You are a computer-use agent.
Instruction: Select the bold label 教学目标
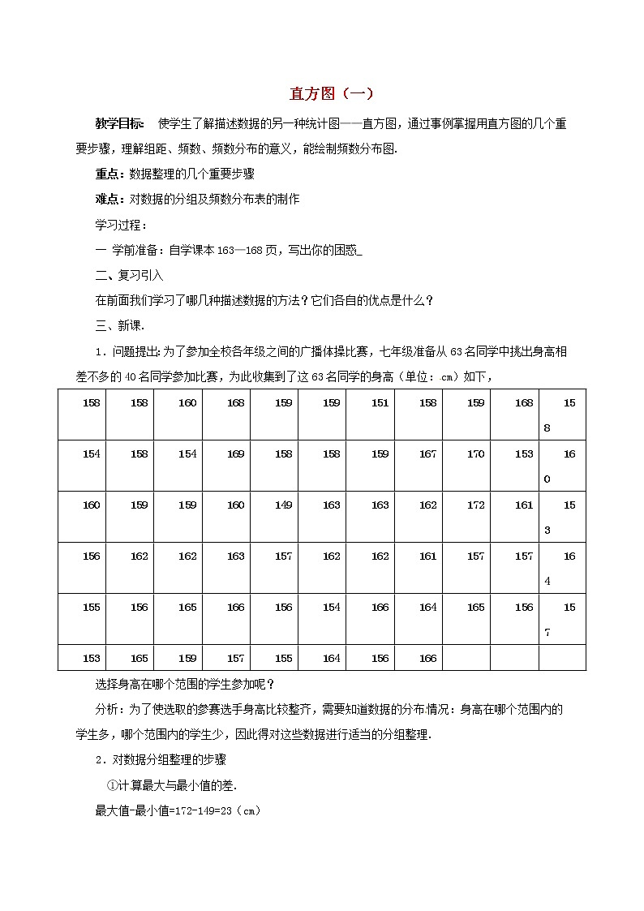point(120,124)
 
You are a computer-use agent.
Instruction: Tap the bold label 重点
point(108,174)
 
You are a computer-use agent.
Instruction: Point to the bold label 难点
point(108,199)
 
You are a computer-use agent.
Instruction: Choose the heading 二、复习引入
point(130,276)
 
